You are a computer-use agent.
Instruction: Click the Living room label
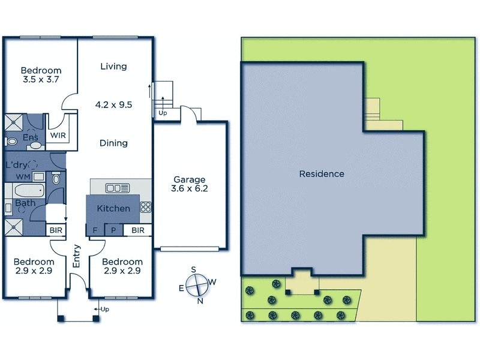click(113, 67)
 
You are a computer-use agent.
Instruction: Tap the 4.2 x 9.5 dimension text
click(113, 104)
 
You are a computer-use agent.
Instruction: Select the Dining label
click(113, 143)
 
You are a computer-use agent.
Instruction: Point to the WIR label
click(58, 136)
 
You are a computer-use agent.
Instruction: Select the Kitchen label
click(113, 208)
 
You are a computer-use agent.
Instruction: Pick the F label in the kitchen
click(94, 230)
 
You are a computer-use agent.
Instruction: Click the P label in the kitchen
click(113, 230)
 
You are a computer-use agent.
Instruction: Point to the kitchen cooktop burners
click(145, 207)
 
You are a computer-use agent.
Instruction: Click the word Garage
click(190, 179)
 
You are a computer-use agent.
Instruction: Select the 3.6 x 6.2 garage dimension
click(190, 190)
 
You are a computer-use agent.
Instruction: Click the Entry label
click(76, 256)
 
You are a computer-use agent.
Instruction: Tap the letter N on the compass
click(200, 301)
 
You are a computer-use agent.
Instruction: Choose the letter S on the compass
click(193, 269)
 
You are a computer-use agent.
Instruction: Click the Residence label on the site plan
click(322, 174)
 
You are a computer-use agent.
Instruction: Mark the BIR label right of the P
click(137, 230)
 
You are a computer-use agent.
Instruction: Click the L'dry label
click(17, 164)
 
